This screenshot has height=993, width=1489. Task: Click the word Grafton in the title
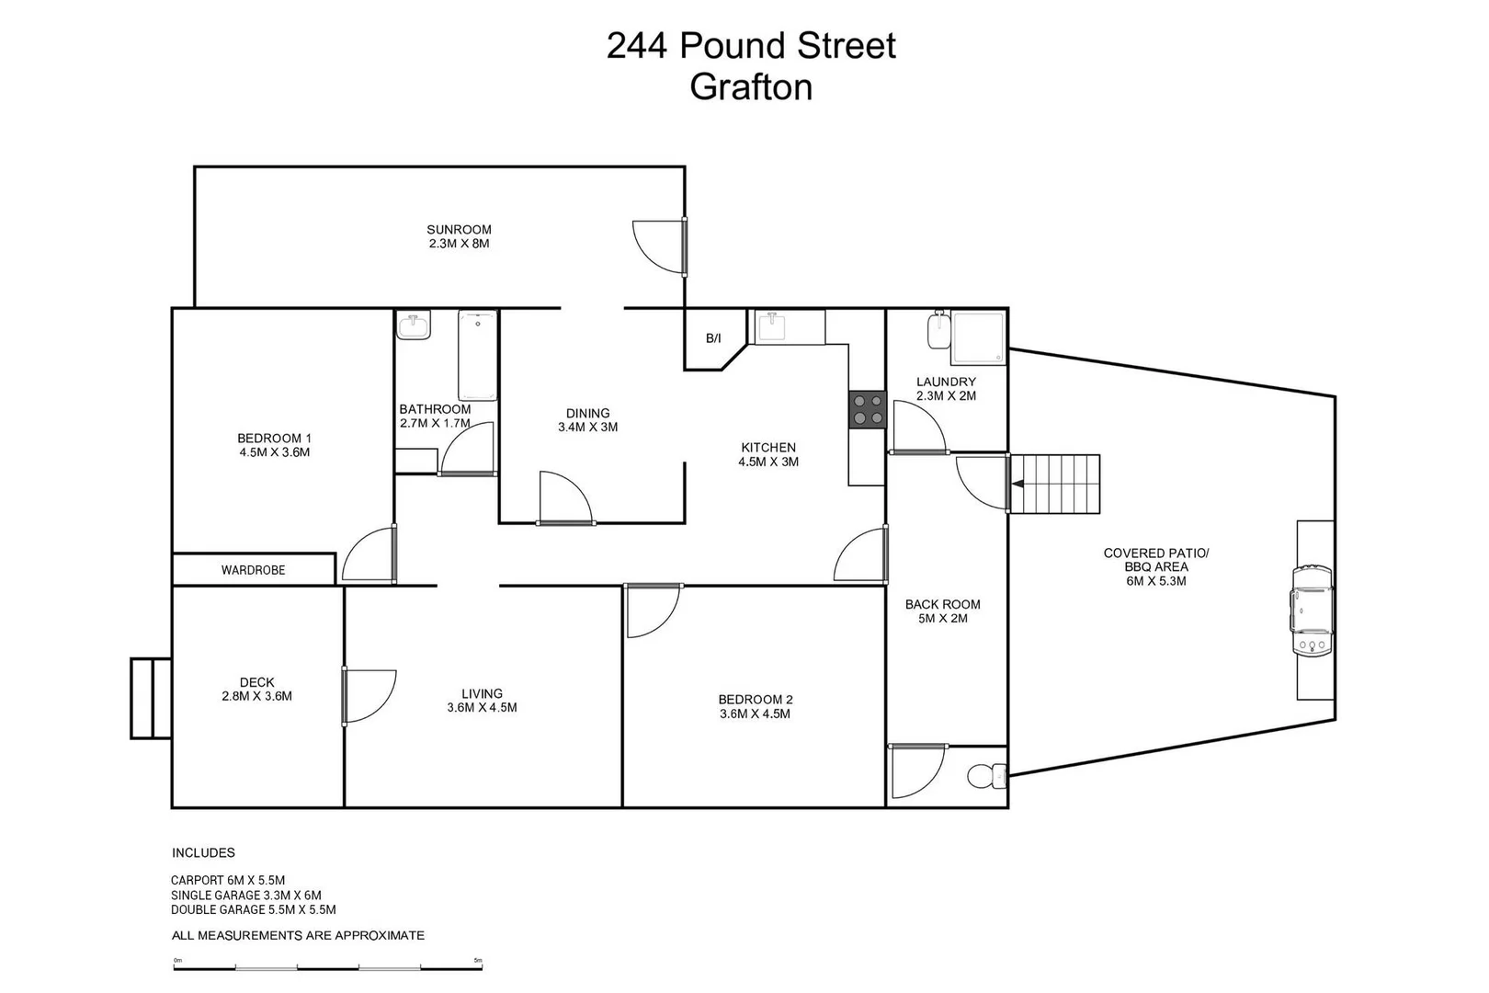click(751, 87)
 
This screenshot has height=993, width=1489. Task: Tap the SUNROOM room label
click(459, 230)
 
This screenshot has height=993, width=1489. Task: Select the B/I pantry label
click(713, 338)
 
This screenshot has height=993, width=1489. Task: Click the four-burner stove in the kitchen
click(868, 409)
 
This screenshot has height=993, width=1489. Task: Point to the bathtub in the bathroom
click(478, 356)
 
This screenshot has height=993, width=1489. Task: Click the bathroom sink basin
click(414, 326)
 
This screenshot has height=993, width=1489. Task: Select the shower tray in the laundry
click(979, 338)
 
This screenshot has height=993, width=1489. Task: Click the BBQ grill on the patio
click(1312, 611)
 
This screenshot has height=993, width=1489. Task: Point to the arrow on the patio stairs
click(1017, 484)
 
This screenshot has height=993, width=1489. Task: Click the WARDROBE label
click(253, 570)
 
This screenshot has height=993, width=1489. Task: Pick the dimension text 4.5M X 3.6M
click(274, 452)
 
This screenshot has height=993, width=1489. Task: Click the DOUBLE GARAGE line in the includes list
click(253, 910)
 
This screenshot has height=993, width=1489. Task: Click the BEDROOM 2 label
click(756, 700)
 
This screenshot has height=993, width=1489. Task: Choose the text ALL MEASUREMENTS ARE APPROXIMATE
click(298, 935)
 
